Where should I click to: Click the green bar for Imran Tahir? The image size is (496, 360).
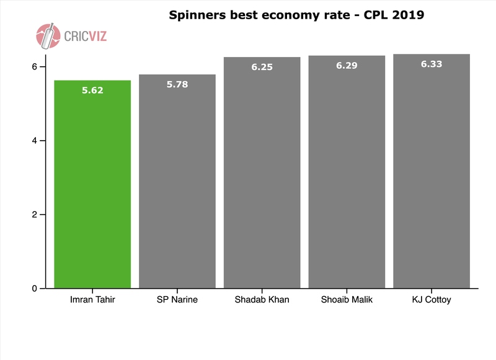click(x=93, y=186)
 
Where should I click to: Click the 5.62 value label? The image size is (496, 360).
click(x=93, y=90)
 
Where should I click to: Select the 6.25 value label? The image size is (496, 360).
click(x=262, y=66)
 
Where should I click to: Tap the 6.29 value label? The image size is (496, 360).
click(x=347, y=65)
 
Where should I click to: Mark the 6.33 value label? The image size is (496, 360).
click(x=431, y=63)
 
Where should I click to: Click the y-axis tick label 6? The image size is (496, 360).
click(x=35, y=67)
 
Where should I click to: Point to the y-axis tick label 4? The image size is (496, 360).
click(x=35, y=141)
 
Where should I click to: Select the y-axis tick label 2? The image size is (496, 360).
click(x=35, y=214)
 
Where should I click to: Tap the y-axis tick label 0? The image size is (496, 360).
click(x=35, y=288)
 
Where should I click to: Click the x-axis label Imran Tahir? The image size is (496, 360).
click(x=93, y=301)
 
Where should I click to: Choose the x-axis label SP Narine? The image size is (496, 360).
click(x=177, y=301)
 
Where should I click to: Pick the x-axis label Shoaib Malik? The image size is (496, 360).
click(x=347, y=301)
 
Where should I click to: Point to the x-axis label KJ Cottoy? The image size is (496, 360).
click(x=431, y=301)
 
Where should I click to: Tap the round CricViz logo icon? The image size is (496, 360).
click(x=48, y=36)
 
